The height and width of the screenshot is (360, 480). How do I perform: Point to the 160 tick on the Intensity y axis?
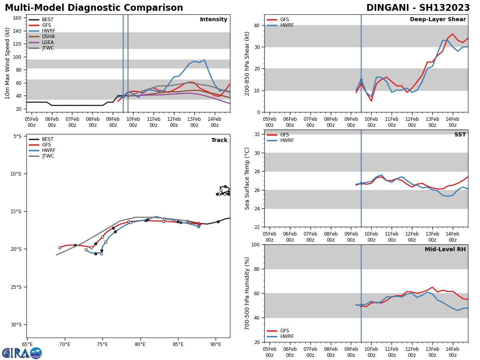(17, 18)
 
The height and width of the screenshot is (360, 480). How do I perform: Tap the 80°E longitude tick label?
(140, 344)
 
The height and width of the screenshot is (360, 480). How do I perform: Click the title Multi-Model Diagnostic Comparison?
(94, 8)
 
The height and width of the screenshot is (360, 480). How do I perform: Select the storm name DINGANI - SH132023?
(418, 8)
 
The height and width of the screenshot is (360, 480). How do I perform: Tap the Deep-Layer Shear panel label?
(438, 20)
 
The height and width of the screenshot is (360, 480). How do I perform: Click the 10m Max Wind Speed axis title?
(8, 63)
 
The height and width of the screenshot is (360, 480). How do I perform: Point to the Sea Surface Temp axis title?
(247, 178)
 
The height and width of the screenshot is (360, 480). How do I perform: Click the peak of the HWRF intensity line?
(204, 60)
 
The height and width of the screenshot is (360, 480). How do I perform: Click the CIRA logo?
(22, 353)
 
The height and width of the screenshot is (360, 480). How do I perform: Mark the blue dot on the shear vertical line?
(361, 80)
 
